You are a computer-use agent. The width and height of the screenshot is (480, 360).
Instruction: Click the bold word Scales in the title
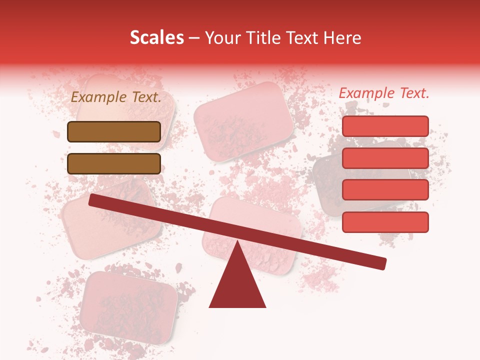[x=156, y=38]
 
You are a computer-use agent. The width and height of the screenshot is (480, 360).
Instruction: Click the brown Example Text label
[x=116, y=97]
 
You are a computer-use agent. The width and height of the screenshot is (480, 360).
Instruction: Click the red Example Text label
[x=384, y=93]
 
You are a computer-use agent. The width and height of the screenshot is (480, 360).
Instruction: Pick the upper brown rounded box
[x=114, y=131]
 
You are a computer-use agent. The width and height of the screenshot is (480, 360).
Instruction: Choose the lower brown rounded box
[x=114, y=163]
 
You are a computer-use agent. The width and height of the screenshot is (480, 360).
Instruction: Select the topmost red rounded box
[x=385, y=126]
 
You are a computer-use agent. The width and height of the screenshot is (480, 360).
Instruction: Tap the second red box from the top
[x=385, y=158]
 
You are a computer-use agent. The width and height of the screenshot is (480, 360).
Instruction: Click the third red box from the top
[x=385, y=190]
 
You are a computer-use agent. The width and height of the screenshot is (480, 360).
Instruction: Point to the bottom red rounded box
[x=385, y=222]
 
